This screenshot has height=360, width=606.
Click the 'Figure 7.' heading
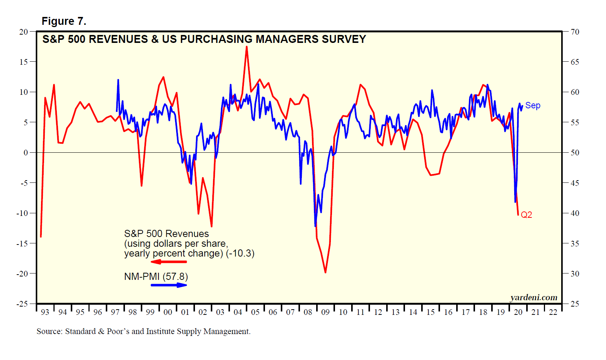coord(64,21)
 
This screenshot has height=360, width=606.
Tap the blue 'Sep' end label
coord(533,106)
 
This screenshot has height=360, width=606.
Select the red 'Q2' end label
coord(526,215)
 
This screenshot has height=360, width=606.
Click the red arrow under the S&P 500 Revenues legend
coord(169,262)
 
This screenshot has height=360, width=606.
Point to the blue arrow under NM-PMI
coord(169,285)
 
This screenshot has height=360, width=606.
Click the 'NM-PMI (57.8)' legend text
coord(156,277)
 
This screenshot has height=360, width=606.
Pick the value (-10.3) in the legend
coord(240,254)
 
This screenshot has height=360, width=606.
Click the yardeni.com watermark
coord(533,298)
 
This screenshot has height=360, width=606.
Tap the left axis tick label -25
coord(22,304)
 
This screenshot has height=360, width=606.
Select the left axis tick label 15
coord(24,62)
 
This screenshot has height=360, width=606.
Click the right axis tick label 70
coord(575,32)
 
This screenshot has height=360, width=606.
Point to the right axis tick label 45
coord(575,183)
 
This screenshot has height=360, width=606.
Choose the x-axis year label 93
coord(45,312)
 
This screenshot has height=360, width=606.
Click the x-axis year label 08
coord(308,312)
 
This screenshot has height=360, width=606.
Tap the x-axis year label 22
coord(553,312)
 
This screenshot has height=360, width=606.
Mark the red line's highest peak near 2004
coord(247,47)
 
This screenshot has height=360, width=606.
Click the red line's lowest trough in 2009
coord(325,272)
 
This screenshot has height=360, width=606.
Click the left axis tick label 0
coord(26,153)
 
